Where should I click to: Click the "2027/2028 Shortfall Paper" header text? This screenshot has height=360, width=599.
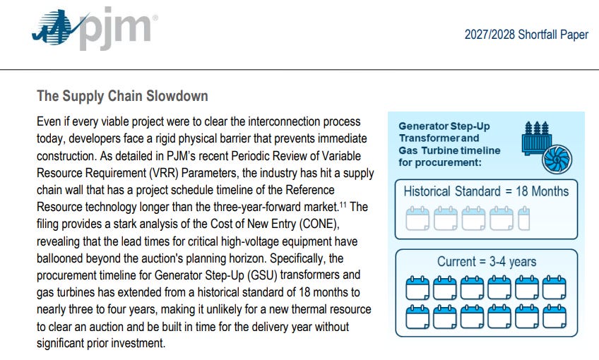click(526, 35)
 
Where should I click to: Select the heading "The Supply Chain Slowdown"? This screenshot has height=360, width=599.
click(122, 96)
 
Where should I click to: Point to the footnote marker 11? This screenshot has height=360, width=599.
click(343, 205)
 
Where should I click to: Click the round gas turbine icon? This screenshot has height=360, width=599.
click(557, 160)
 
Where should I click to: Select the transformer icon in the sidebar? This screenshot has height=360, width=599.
click(536, 138)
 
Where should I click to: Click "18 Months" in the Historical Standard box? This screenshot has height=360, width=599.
click(542, 191)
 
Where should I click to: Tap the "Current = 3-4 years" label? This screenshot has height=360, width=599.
click(487, 262)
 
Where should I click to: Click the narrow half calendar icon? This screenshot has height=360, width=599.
click(523, 218)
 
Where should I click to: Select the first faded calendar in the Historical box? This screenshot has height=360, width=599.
click(417, 218)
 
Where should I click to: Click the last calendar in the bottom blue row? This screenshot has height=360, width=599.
click(554, 316)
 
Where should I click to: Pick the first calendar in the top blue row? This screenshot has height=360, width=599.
click(417, 287)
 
